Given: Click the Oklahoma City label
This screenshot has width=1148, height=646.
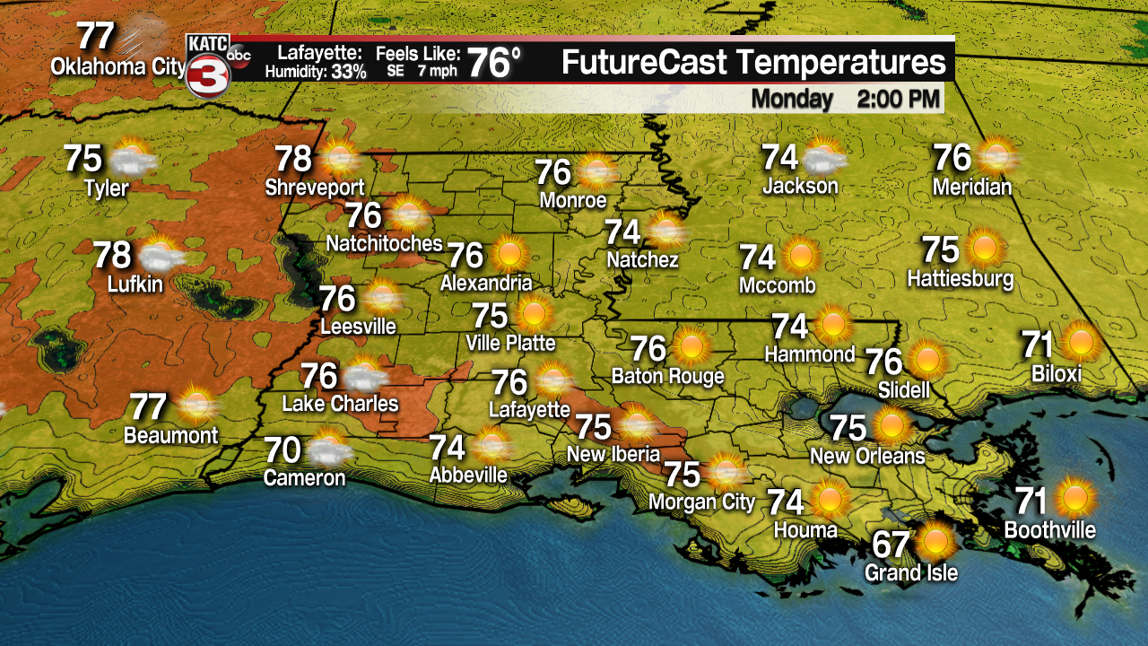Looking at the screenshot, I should [x=117, y=67].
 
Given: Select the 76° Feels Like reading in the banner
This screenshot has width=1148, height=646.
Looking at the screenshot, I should [x=495, y=63].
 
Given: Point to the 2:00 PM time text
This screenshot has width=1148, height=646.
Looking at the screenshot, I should [x=899, y=98].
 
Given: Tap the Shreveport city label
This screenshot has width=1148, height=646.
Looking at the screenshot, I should [x=315, y=188].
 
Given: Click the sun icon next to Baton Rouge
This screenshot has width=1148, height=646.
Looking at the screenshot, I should [x=691, y=345].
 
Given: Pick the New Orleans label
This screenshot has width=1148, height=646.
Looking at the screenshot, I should [x=867, y=456].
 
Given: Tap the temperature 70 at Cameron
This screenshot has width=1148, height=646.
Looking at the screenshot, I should [x=283, y=448].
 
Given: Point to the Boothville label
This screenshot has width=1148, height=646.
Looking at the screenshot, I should [x=1049, y=530].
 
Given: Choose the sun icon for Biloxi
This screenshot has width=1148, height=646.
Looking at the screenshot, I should [x=1082, y=343].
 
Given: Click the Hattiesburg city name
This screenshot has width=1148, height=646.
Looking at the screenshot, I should [x=960, y=278].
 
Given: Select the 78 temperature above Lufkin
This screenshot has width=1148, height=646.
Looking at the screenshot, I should [x=113, y=255].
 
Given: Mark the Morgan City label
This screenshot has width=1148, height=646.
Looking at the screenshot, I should [x=701, y=502].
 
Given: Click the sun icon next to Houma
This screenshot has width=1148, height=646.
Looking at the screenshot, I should [x=830, y=498].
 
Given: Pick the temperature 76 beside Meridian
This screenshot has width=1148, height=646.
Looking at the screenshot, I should [x=952, y=158].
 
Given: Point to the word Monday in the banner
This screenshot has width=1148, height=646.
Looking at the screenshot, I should [x=792, y=98].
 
